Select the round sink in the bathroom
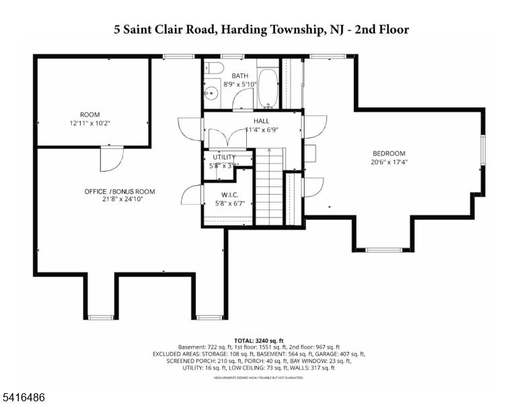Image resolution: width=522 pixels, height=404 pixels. pos(210,94)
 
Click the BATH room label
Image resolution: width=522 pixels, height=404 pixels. pos(239,76)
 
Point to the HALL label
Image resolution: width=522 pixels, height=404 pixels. pos(243,121)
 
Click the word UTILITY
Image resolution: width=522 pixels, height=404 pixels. pos(224,157)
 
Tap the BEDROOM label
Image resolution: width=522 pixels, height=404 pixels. pos(389,154)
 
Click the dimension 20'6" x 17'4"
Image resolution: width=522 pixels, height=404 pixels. pos(389,162)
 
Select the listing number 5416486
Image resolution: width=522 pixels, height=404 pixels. pos(24,398)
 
